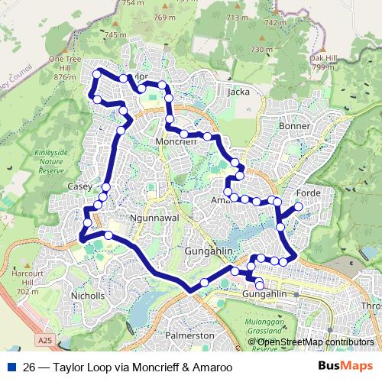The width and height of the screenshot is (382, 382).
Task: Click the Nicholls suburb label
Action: (87, 295)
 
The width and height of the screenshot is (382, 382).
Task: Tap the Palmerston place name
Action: (190, 335)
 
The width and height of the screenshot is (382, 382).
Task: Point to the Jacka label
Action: (239, 92)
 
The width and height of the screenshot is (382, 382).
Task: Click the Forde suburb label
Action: (308, 193)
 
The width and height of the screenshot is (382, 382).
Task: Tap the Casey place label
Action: (79, 186)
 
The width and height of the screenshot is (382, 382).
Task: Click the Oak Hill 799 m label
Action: (323, 63)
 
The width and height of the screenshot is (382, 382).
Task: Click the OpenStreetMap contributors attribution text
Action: (310, 342)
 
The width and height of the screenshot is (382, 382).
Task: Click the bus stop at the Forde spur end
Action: (299, 206)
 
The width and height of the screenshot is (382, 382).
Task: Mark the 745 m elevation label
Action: (116, 35)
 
